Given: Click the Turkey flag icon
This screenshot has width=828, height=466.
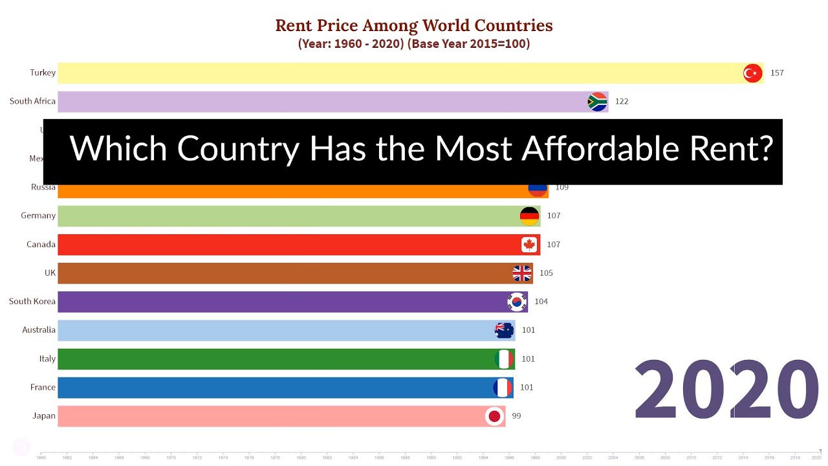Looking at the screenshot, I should [x=752, y=73].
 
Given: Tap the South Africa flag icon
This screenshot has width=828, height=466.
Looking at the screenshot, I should [x=597, y=102].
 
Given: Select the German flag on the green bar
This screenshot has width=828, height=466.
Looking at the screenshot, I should [x=529, y=216].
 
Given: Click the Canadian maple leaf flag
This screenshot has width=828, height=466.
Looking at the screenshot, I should [x=529, y=245].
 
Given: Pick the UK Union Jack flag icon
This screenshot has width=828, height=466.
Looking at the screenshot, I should [x=522, y=273].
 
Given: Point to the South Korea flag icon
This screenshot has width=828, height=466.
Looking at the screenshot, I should [x=517, y=302].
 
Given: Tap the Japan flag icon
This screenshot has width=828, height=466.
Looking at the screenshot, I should [x=495, y=416].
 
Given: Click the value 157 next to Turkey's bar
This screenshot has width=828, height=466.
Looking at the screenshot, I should [x=777, y=73].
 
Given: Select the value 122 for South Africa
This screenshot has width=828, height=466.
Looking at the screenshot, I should [x=621, y=102].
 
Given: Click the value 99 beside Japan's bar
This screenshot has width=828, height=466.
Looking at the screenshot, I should [x=516, y=416].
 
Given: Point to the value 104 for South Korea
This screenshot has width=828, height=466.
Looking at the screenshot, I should [x=541, y=302].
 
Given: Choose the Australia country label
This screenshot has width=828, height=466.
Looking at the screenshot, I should [x=39, y=330].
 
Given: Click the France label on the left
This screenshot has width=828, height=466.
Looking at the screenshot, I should [x=43, y=387].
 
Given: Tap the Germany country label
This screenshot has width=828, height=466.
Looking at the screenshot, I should [x=38, y=216].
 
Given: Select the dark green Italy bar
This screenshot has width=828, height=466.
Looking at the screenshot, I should [x=272, y=359].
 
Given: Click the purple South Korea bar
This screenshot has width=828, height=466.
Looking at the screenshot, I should [x=272, y=302].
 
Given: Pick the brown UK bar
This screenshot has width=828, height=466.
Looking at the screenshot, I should [x=272, y=273].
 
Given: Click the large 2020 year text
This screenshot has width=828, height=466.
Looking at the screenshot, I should [x=726, y=391].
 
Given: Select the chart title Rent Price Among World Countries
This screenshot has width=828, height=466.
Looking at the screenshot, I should [x=414, y=25].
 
